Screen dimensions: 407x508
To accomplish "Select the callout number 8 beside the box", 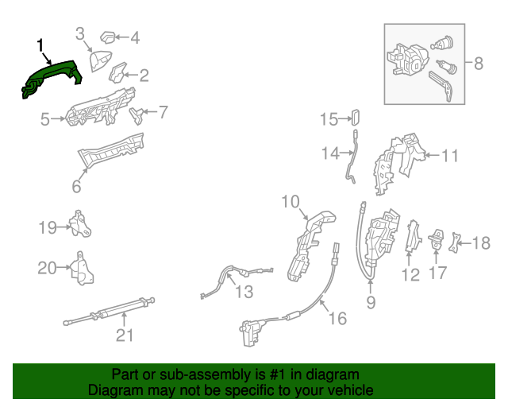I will (x=478, y=64).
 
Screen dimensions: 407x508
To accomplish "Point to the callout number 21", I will (x=124, y=335).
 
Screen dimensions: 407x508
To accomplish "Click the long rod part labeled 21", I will (x=111, y=309).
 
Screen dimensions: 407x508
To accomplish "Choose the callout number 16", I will (x=337, y=318).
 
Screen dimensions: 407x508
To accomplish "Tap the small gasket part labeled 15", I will (x=355, y=119).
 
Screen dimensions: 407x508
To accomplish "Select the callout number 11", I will (x=449, y=156).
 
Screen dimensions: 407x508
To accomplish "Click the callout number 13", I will (x=244, y=292).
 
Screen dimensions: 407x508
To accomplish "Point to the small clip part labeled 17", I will (x=437, y=239).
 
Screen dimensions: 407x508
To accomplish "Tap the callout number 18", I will (x=482, y=242).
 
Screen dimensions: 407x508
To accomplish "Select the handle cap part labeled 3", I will (x=100, y=61).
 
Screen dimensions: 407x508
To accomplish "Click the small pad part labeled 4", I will (x=108, y=37).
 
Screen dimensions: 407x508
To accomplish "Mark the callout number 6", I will (x=76, y=186).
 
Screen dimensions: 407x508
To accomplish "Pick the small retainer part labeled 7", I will (x=137, y=114).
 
